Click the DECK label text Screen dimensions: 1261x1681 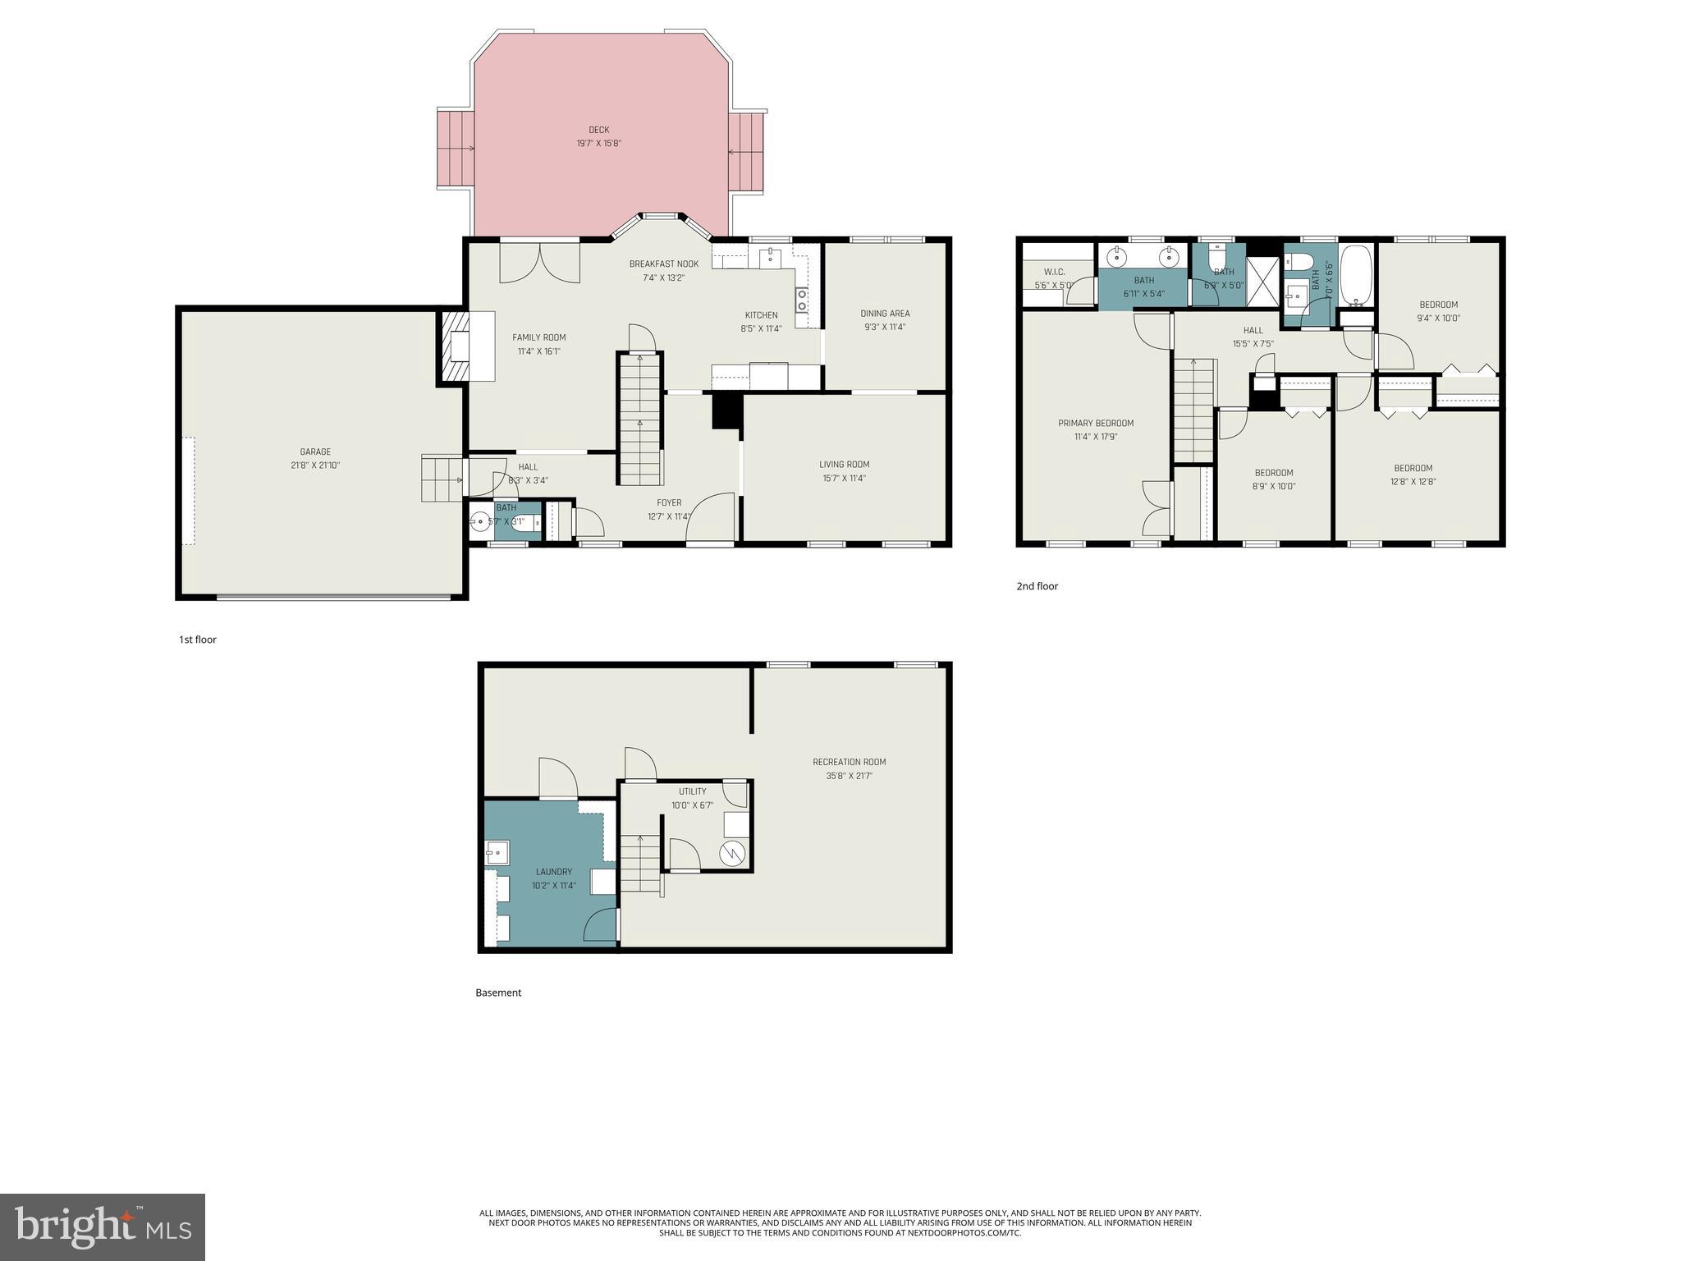598,130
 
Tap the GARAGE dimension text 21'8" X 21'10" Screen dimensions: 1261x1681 315,465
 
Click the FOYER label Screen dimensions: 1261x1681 669,502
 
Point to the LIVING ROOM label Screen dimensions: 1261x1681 844,464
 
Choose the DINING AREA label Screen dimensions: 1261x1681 885,313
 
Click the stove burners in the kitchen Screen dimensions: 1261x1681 802,300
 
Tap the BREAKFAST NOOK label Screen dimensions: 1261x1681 663,264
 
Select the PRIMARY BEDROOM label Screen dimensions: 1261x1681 1095,423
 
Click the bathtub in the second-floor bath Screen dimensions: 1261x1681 1356,275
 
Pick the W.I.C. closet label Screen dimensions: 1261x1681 1054,272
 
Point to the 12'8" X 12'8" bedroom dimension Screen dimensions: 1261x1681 1413,482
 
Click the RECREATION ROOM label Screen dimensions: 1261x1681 849,762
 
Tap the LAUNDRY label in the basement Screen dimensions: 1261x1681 553,872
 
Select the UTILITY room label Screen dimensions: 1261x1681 692,791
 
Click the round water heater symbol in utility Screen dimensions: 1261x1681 733,853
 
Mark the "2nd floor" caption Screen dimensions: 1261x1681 1037,586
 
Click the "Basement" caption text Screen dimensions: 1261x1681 498,993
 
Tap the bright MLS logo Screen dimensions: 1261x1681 102,1227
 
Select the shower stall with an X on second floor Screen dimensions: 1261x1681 1262,276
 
